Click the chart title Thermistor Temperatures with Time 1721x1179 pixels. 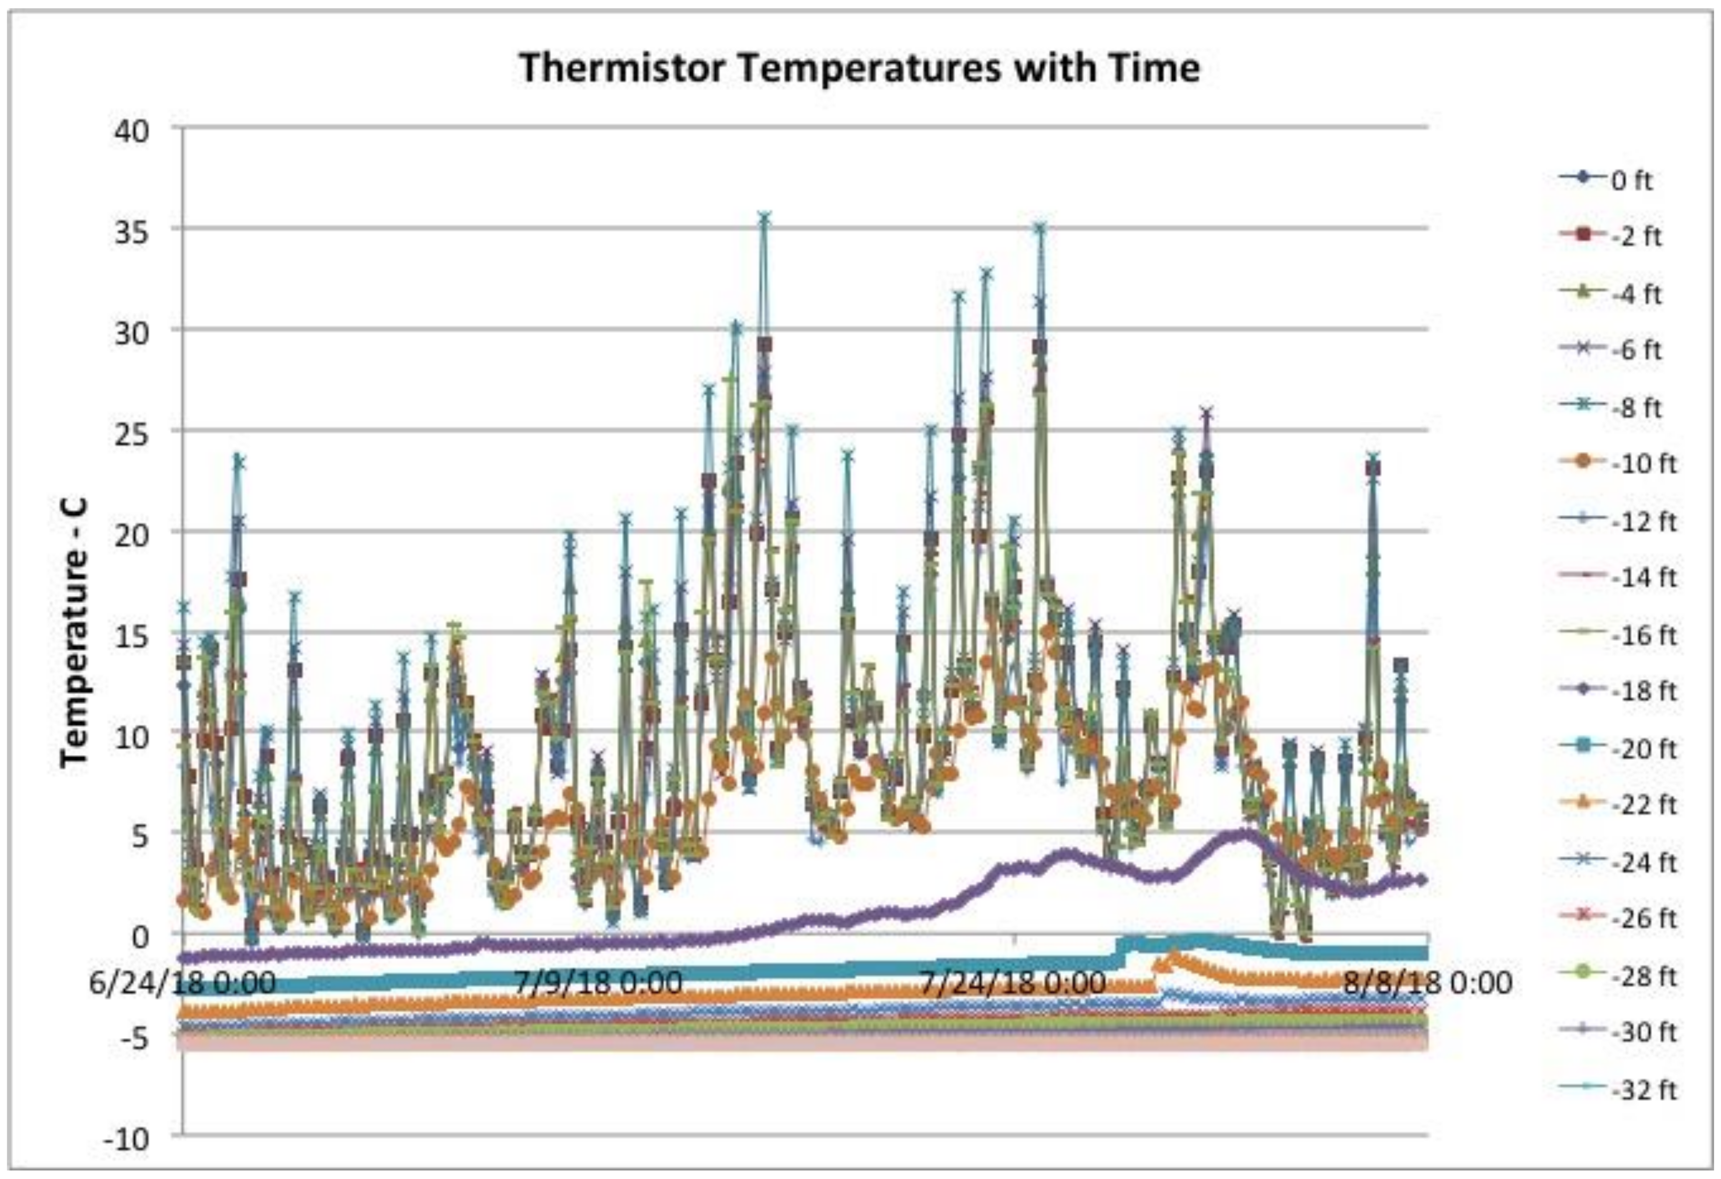859,68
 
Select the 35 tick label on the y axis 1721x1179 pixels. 133,231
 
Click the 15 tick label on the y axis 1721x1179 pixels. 133,635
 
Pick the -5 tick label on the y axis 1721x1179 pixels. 133,1038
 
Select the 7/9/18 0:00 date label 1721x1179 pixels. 598,984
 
